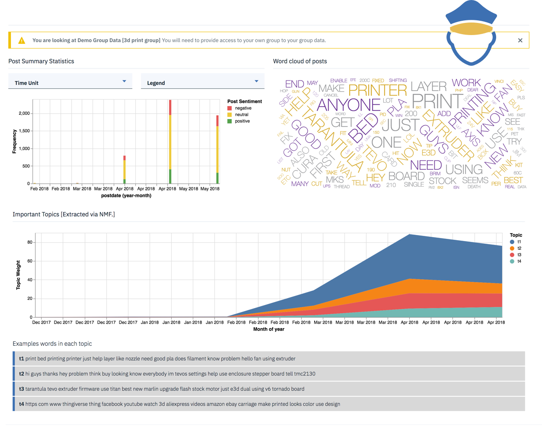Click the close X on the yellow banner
pyautogui.click(x=520, y=40)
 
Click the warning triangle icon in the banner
pyautogui.click(x=22, y=41)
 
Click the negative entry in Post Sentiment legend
pyautogui.click(x=243, y=108)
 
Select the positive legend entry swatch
pyautogui.click(x=230, y=121)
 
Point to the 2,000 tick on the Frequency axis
pyautogui.click(x=24, y=113)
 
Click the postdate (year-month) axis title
pyautogui.click(x=126, y=196)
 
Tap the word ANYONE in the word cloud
pyautogui.click(x=348, y=105)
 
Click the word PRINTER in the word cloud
pyautogui.click(x=377, y=90)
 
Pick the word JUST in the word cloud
pyautogui.click(x=400, y=125)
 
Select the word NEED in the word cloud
pyautogui.click(x=426, y=165)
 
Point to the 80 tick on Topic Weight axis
pyautogui.click(x=30, y=242)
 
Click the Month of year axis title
pyautogui.click(x=268, y=329)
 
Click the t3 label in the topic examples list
pyautogui.click(x=22, y=389)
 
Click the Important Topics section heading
pyautogui.click(x=64, y=214)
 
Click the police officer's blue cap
pyautogui.click(x=471, y=13)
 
